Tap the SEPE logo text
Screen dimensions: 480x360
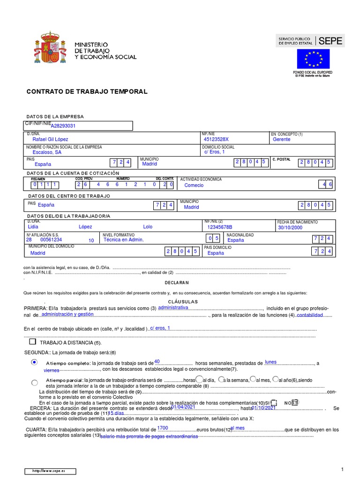point(330,41)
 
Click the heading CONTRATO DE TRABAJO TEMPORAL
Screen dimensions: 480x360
point(87,91)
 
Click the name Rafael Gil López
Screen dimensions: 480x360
point(50,139)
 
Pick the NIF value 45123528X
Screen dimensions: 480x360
point(217,139)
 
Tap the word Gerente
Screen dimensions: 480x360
point(281,139)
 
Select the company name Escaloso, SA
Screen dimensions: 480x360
point(47,152)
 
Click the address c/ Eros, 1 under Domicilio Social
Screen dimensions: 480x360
point(215,152)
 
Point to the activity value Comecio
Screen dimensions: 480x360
point(194,185)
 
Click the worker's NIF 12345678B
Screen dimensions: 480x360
point(220,227)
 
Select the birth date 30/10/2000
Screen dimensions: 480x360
point(290,227)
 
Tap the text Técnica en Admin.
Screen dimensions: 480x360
point(123,240)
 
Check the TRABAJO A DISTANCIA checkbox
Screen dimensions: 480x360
point(32,342)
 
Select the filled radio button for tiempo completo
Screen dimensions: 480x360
point(34,362)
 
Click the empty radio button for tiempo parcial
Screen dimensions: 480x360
point(34,382)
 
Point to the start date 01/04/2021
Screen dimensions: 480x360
point(183,407)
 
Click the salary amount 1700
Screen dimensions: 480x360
point(163,428)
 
